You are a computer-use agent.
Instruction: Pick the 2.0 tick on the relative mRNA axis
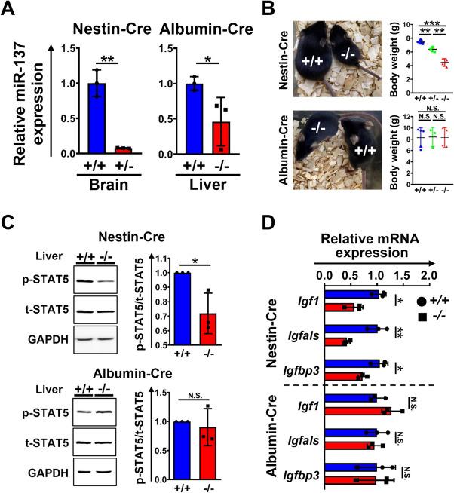[x=429, y=274]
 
